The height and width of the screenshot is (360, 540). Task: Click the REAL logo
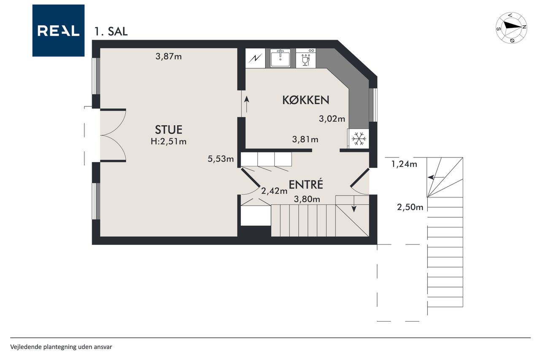pos(58,31)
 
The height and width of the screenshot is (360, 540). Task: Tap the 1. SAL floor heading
pos(111,32)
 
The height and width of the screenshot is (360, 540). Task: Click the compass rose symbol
pos(511,28)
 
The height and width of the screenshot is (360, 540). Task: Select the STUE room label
pos(168,130)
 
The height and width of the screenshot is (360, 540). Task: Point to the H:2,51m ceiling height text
pos(168,141)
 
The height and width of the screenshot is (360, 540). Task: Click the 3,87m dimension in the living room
pos(168,57)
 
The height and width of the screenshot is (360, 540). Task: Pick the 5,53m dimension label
pos(221,159)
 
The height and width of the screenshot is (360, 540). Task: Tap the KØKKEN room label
pos(306,100)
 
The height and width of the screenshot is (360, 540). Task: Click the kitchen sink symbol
pos(280,58)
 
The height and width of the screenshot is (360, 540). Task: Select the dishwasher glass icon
pos(305,60)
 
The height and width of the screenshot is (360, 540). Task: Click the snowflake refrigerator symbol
pos(359,139)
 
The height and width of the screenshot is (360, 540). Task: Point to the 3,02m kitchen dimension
pos(332,119)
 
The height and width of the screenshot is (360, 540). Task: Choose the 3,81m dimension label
pos(305,139)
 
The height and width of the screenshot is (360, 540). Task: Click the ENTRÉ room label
pos(306,185)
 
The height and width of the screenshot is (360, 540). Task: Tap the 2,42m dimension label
pos(274,191)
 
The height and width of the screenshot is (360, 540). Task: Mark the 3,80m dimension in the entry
pos(307,199)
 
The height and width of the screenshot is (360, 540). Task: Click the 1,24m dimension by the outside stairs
pos(404,164)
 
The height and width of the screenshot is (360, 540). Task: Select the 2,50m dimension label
pos(410,207)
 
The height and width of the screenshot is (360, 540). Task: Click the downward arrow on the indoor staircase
pos(354,204)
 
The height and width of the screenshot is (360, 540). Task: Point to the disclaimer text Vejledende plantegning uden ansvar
pos(61,347)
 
